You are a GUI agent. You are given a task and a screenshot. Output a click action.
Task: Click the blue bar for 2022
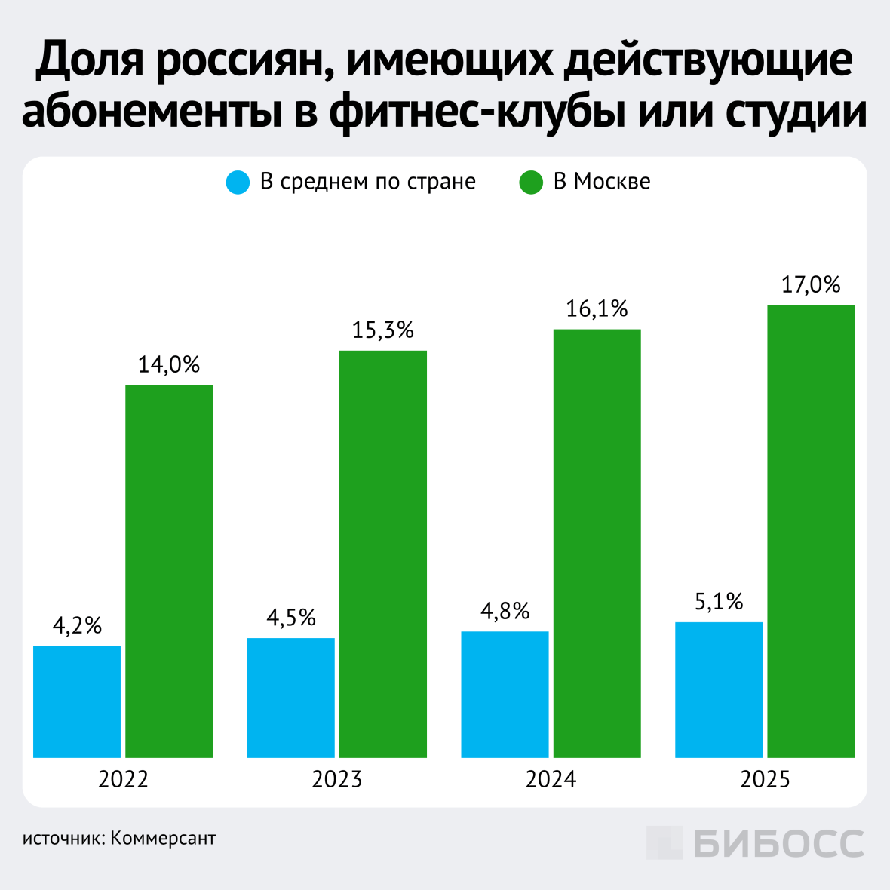pyautogui.click(x=77, y=701)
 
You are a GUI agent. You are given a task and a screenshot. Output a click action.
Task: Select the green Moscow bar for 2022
pyautogui.click(x=169, y=571)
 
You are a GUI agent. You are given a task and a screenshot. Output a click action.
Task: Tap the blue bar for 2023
pyautogui.click(x=291, y=698)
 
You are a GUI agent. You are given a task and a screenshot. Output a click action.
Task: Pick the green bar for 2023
pyautogui.click(x=383, y=554)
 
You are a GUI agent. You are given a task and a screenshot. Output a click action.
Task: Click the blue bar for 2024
pyautogui.click(x=505, y=694)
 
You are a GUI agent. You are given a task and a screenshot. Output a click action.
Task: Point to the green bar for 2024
pyautogui.click(x=597, y=543)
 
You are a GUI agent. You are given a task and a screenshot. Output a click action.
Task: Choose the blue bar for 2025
pyautogui.click(x=719, y=689)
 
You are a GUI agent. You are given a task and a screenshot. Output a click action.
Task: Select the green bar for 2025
pyautogui.click(x=811, y=531)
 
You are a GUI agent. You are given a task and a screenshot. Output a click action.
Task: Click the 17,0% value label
pyautogui.click(x=811, y=285)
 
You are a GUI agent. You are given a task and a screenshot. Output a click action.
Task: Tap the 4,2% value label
pyautogui.click(x=77, y=626)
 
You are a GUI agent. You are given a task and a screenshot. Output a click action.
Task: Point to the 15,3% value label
pyautogui.click(x=383, y=330)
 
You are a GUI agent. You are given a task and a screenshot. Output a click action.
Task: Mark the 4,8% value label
pyautogui.click(x=505, y=611)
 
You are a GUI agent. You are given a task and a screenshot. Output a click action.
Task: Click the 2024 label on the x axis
pyautogui.click(x=551, y=779)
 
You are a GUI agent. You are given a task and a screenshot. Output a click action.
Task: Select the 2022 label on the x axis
pyautogui.click(x=123, y=779)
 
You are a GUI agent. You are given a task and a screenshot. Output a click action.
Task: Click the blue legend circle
pyautogui.click(x=238, y=183)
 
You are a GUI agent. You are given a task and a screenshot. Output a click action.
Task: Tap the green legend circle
pyautogui.click(x=531, y=183)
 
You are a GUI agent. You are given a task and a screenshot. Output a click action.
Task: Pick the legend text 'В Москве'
pyautogui.click(x=602, y=182)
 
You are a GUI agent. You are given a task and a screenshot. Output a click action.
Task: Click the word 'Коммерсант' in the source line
pyautogui.click(x=163, y=839)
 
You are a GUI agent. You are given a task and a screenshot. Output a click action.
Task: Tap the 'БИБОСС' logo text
pyautogui.click(x=778, y=843)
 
